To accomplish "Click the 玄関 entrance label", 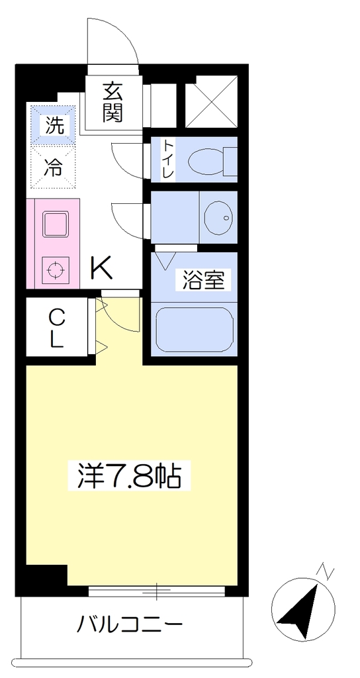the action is [x=113, y=102].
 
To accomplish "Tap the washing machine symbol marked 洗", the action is [x=55, y=125].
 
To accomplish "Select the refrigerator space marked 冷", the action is [x=55, y=166].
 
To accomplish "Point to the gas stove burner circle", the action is [x=55, y=270].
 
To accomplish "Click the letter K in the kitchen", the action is [x=101, y=268].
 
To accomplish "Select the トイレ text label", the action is [x=167, y=160].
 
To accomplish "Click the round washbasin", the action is [x=218, y=217].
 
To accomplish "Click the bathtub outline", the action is [x=195, y=330].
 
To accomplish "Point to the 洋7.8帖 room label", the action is [x=129, y=475].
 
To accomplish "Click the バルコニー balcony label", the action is [x=130, y=624].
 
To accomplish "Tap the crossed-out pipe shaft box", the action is [x=212, y=102].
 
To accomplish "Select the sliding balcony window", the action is [x=157, y=591].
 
